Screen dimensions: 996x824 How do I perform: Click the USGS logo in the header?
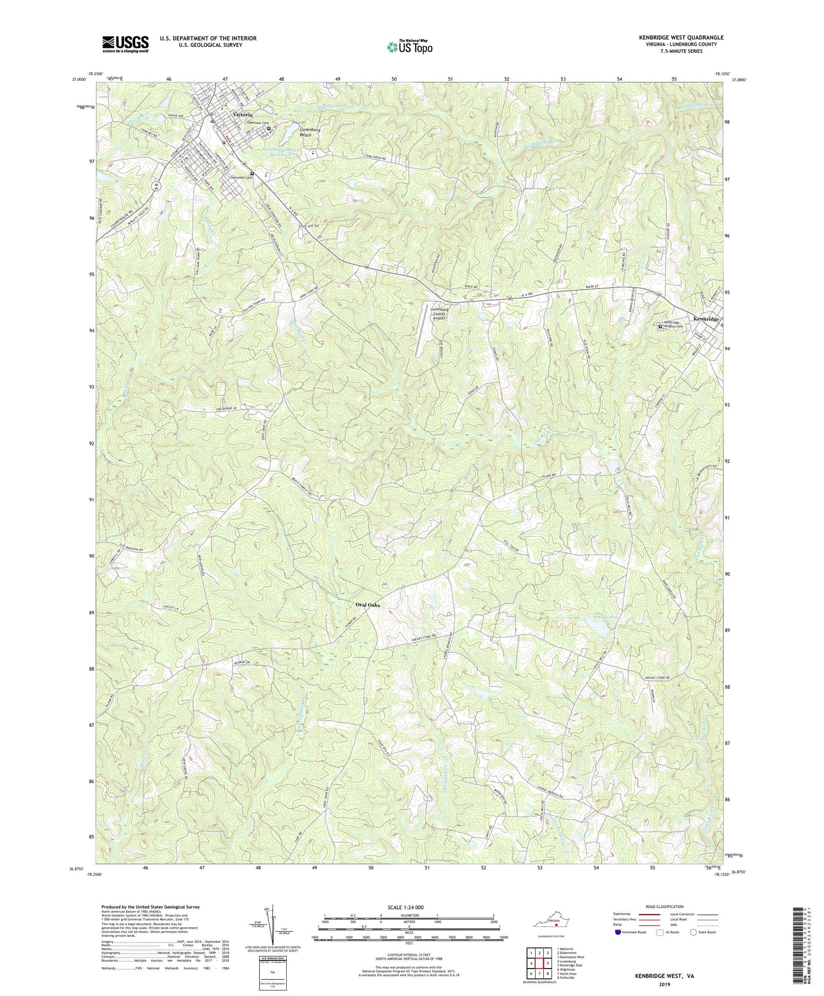click(x=125, y=43)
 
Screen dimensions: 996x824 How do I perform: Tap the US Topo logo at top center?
click(x=409, y=47)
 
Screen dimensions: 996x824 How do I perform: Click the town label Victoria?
click(x=242, y=114)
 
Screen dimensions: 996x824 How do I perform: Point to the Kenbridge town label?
click(x=706, y=319)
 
